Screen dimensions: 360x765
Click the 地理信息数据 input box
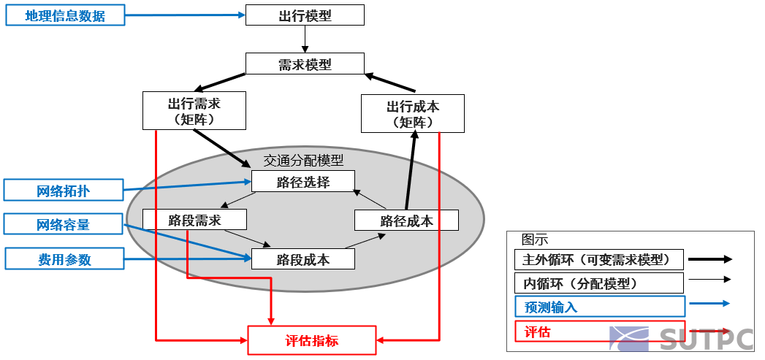pyautogui.click(x=65, y=15)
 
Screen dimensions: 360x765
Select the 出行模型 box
pyautogui.click(x=305, y=15)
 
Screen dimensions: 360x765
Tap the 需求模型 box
pyautogui.click(x=305, y=64)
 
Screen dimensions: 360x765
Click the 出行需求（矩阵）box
pyautogui.click(x=194, y=111)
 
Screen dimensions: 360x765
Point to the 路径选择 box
pyautogui.click(x=303, y=182)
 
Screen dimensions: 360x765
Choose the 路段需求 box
pyautogui.click(x=194, y=220)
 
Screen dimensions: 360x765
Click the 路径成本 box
pyautogui.click(x=406, y=221)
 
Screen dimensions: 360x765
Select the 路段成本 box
pyautogui.click(x=303, y=259)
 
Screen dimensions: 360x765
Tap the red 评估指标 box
pyautogui.click(x=312, y=340)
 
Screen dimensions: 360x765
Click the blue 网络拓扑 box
pyautogui.click(x=64, y=191)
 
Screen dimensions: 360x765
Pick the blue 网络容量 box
pyautogui.click(x=64, y=224)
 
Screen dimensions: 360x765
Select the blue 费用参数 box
pyautogui.click(x=64, y=258)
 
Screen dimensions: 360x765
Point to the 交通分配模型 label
pyautogui.click(x=303, y=160)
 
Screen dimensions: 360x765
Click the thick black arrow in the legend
pyautogui.click(x=710, y=259)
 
